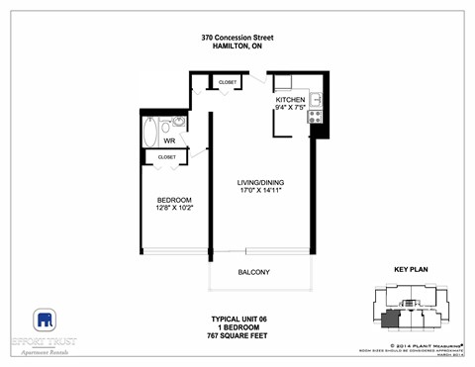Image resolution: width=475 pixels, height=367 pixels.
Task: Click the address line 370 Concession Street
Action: click(237, 38)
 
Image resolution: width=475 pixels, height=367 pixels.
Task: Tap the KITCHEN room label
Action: click(290, 100)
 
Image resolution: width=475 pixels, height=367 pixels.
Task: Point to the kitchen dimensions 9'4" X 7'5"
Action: click(290, 109)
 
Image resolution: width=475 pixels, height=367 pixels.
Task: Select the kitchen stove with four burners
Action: click(316, 116)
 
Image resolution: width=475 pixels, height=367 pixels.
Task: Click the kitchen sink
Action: click(316, 97)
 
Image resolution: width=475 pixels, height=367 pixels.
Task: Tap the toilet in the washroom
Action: click(179, 125)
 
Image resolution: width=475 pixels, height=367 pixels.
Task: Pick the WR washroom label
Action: click(169, 141)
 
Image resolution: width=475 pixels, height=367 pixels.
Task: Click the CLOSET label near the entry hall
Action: click(228, 82)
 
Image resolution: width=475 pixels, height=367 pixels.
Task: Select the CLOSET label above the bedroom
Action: click(166, 157)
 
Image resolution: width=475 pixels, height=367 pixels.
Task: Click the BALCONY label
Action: click(253, 272)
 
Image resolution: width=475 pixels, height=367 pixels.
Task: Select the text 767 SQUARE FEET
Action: click(238, 335)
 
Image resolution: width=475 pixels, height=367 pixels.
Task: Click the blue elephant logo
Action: click(45, 321)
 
